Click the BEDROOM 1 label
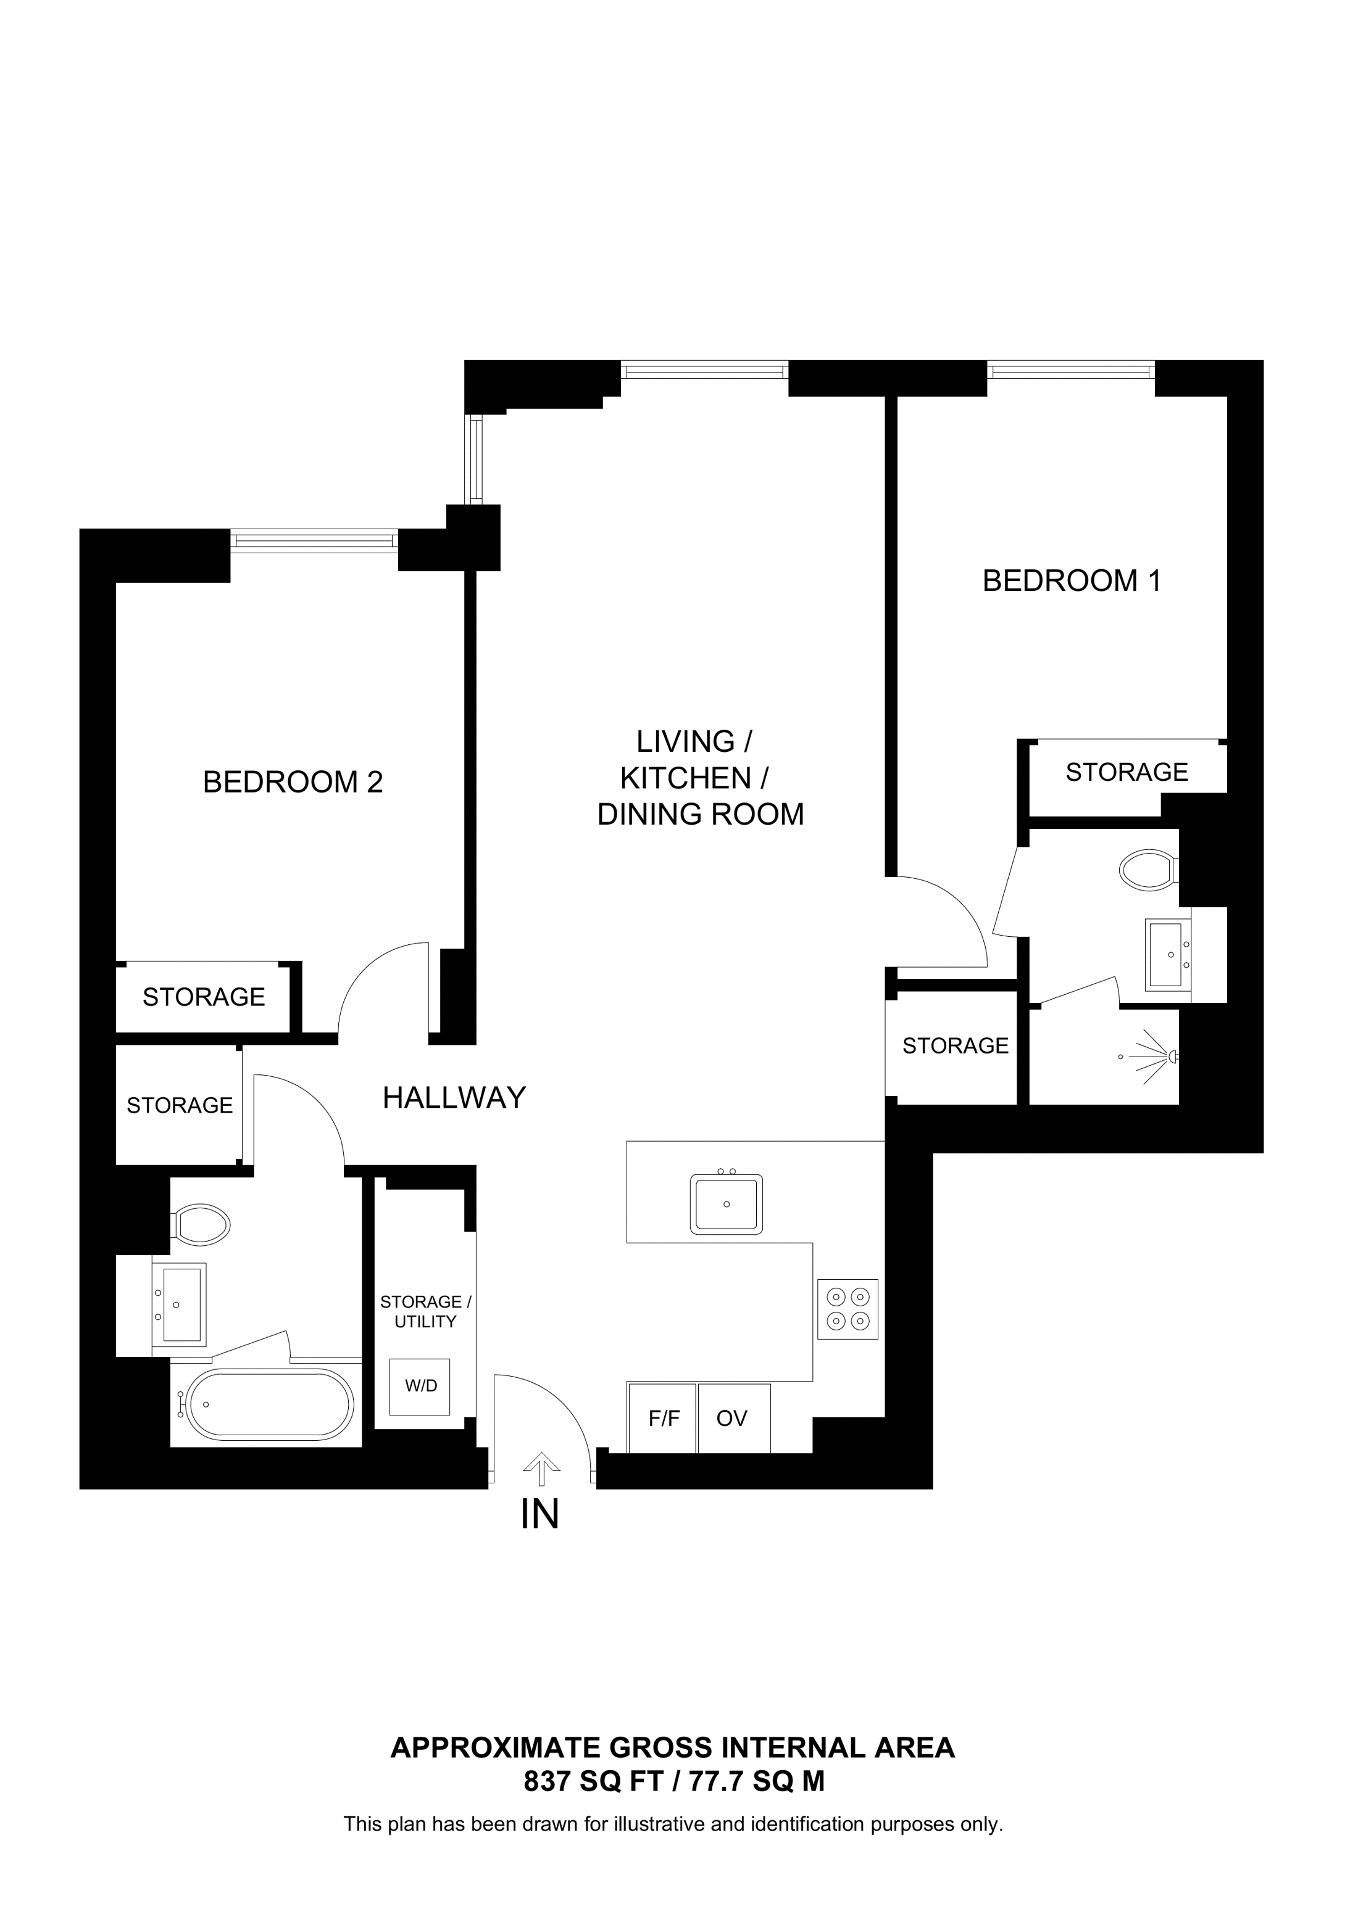[x=1071, y=580]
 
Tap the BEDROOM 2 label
[x=293, y=782]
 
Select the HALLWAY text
[x=454, y=1097]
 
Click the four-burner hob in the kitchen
[x=848, y=1309]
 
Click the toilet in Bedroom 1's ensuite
[x=1146, y=870]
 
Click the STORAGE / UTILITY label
[x=425, y=1311]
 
